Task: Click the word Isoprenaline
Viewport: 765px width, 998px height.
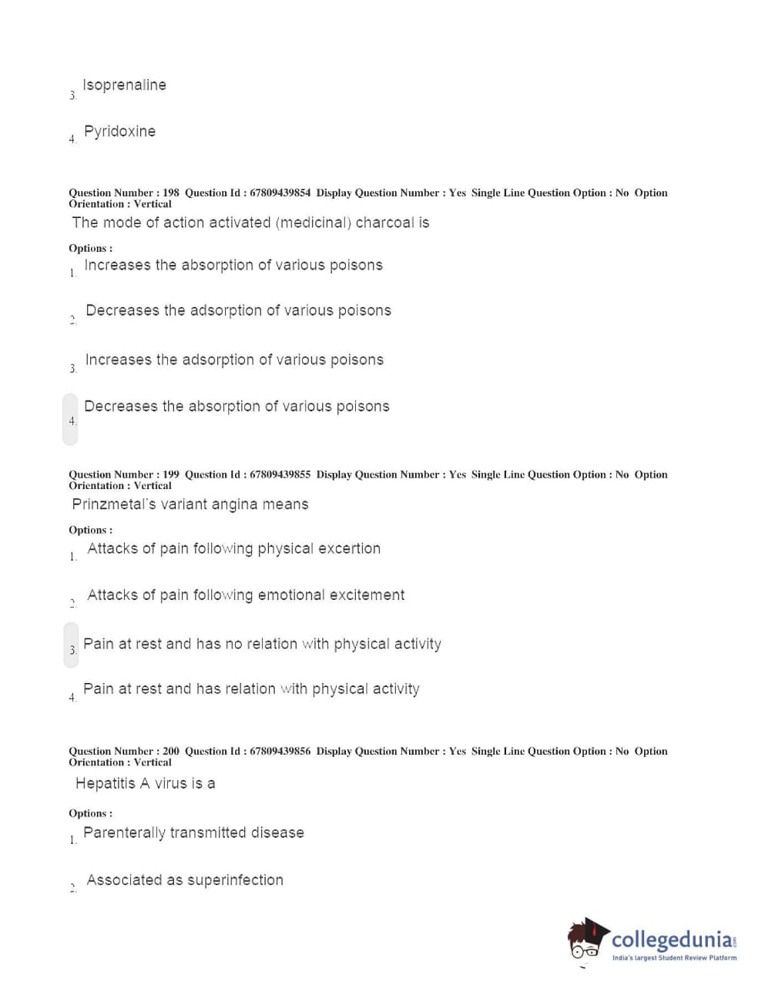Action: tap(124, 85)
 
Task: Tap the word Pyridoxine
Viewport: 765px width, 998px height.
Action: tap(119, 132)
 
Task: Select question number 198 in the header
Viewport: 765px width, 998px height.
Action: tap(171, 193)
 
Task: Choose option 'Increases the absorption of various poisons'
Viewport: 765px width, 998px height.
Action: tap(233, 266)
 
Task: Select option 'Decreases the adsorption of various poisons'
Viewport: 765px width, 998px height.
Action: tap(238, 311)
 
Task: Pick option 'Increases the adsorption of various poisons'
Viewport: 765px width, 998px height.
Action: tap(233, 360)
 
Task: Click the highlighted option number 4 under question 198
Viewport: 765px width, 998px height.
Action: tap(71, 420)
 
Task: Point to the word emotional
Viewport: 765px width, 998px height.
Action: tap(291, 595)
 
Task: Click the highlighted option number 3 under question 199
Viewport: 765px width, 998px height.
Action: tap(72, 649)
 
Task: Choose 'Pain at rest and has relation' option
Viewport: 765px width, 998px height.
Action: tap(251, 689)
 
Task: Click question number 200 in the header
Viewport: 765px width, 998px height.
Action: tap(171, 752)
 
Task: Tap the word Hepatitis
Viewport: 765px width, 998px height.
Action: tap(106, 784)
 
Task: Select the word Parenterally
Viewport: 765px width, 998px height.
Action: tap(124, 833)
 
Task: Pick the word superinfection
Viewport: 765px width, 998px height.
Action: tap(235, 880)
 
